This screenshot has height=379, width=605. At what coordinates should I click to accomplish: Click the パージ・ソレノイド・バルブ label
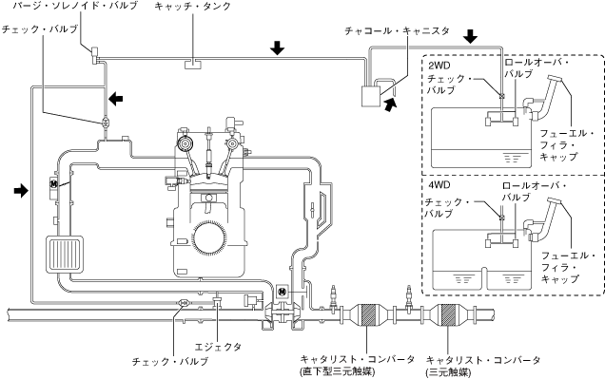[x=75, y=6]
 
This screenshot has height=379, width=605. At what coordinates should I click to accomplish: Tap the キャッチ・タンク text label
[x=192, y=6]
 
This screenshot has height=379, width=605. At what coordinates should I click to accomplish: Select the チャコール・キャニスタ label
[x=397, y=30]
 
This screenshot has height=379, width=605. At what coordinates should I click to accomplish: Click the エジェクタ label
[x=219, y=347]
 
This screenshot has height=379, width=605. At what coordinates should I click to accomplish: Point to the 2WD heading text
[x=439, y=66]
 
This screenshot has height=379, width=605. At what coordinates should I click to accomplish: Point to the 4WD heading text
[x=439, y=185]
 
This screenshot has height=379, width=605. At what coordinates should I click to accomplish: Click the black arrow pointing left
[x=116, y=99]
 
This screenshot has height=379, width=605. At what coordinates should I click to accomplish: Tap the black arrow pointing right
[x=21, y=190]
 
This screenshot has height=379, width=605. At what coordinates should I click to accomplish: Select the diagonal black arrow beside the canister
[x=390, y=104]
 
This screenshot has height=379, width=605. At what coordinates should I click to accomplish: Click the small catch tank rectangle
[x=193, y=64]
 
